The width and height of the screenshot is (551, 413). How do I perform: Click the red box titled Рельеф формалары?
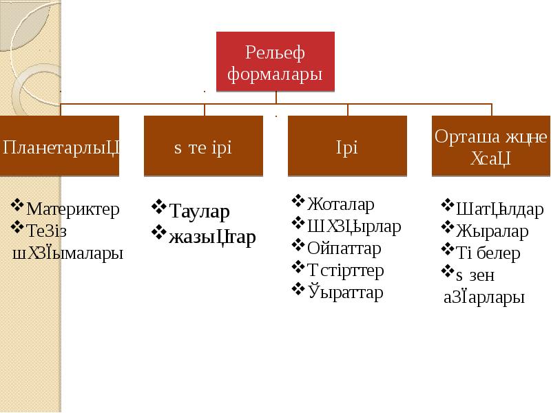(275, 62)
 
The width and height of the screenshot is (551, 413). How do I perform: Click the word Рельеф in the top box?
(275, 52)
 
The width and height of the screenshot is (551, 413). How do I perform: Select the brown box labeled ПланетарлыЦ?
(60, 146)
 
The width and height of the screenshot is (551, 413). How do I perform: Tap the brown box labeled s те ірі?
(203, 146)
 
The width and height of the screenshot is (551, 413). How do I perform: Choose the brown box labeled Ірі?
(347, 146)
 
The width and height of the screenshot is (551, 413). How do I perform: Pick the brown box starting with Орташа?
(491, 146)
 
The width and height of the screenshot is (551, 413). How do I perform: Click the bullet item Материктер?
(72, 209)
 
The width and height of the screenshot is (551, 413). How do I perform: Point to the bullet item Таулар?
(200, 211)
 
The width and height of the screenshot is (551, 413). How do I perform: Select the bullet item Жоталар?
(341, 204)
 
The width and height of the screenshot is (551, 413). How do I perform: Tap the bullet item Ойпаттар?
(344, 248)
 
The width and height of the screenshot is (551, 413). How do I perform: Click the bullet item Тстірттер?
(345, 270)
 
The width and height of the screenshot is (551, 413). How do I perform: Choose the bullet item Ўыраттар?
(345, 293)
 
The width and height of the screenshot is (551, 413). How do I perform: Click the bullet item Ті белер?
(488, 253)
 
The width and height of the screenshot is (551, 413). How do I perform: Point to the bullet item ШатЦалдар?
(500, 209)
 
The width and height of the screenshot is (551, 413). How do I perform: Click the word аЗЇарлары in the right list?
(484, 297)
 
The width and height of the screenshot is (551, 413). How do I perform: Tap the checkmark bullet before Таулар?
(159, 206)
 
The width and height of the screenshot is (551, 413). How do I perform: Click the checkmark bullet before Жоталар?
(298, 201)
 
